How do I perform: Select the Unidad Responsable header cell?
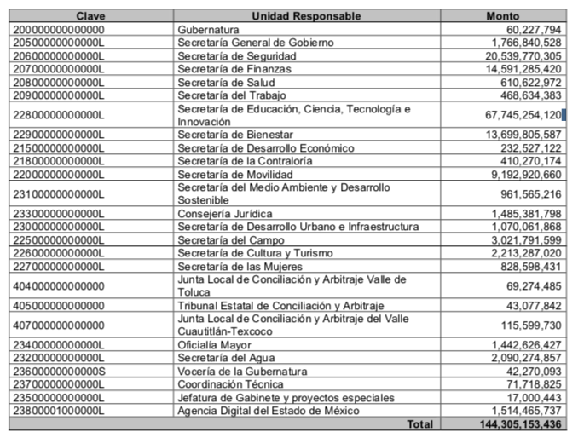coord(306,16)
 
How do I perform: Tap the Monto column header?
coord(502,16)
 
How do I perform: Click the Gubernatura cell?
coord(208,29)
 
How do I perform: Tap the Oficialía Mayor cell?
coord(214,344)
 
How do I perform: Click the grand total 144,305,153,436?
coord(510,423)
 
